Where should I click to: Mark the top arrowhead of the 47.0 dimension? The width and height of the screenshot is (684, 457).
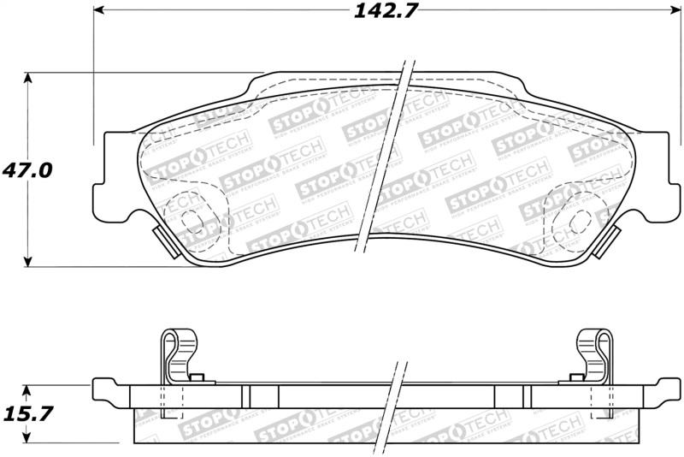[29, 78]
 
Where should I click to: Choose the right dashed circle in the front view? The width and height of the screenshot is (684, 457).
[567, 224]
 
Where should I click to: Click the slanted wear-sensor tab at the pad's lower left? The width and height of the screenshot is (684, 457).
[162, 241]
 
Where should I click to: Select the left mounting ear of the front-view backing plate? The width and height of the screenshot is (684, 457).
[103, 171]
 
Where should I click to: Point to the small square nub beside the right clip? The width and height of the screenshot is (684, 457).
[574, 377]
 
